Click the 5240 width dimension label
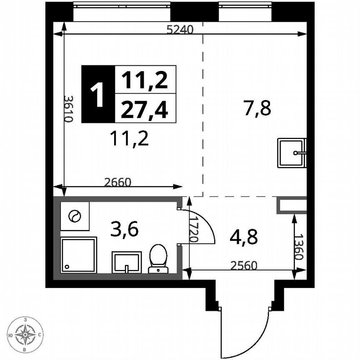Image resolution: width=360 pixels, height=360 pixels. coord(180,29)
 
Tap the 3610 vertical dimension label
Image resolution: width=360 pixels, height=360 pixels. coord(69,108)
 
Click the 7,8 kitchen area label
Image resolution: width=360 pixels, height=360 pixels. coord(257,109)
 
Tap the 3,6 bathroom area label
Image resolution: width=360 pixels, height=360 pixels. coord(125,229)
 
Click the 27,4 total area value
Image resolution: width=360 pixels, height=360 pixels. coord(145,110)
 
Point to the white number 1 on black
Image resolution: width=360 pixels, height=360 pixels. coord(97,94)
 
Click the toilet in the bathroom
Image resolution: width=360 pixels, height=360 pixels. coord(158,259)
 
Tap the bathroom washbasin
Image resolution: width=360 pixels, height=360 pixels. coord(127,262)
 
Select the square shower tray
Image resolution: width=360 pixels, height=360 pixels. coord(79,255)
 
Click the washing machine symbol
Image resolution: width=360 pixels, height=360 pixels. coord(75,216)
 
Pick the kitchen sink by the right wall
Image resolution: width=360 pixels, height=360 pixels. coord(292,153)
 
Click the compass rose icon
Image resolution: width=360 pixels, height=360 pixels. coord(26,334)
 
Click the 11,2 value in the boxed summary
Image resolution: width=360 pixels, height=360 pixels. coord(145,80)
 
